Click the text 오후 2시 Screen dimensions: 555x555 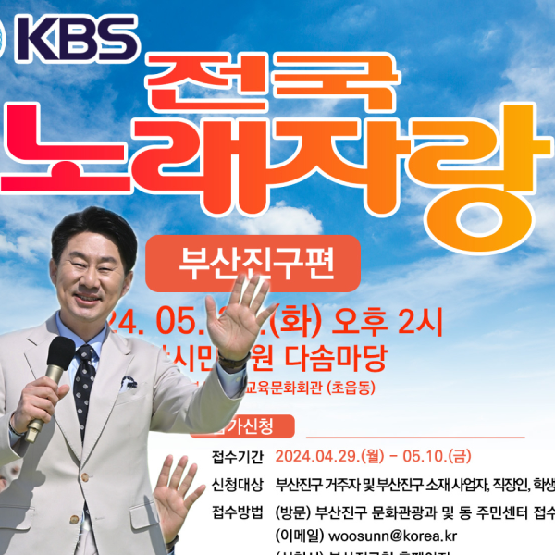point(388,321)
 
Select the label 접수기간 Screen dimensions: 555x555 point(238,457)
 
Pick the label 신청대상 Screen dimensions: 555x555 point(238,484)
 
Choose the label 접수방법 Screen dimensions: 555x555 point(238,511)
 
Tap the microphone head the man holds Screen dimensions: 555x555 point(60,354)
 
